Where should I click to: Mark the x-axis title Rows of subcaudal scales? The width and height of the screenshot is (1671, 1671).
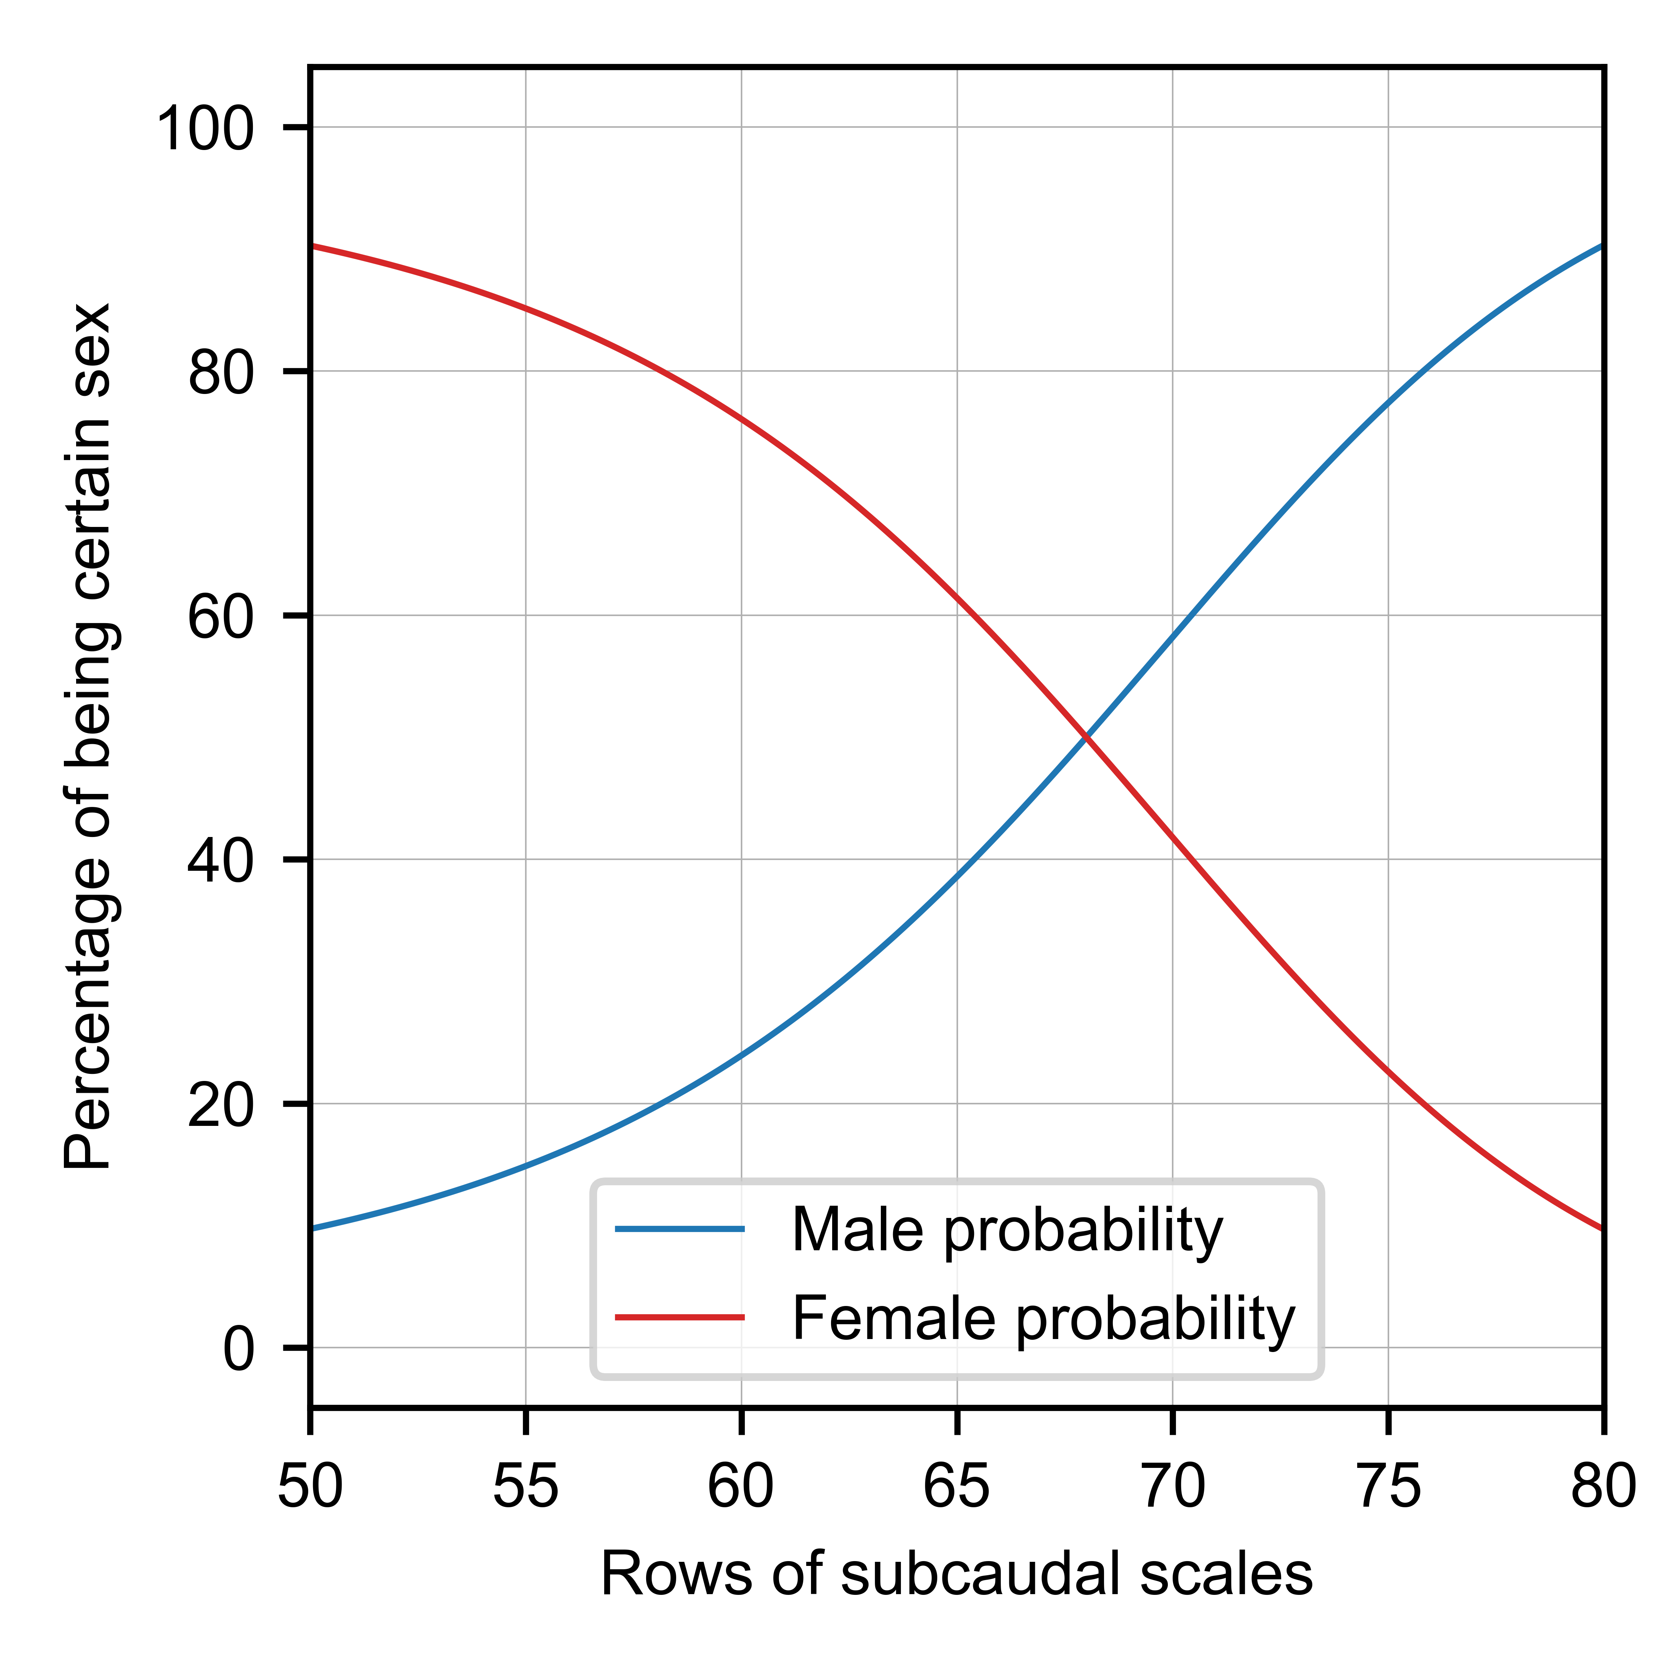coord(957,1574)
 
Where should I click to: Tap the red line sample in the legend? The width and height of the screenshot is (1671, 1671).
coord(680,1317)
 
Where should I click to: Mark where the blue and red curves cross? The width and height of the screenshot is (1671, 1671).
coord(1086,737)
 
